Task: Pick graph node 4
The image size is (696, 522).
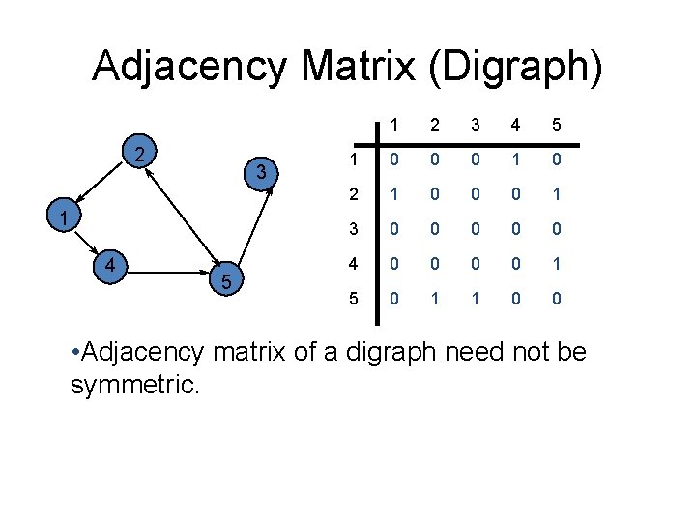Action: [111, 264]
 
